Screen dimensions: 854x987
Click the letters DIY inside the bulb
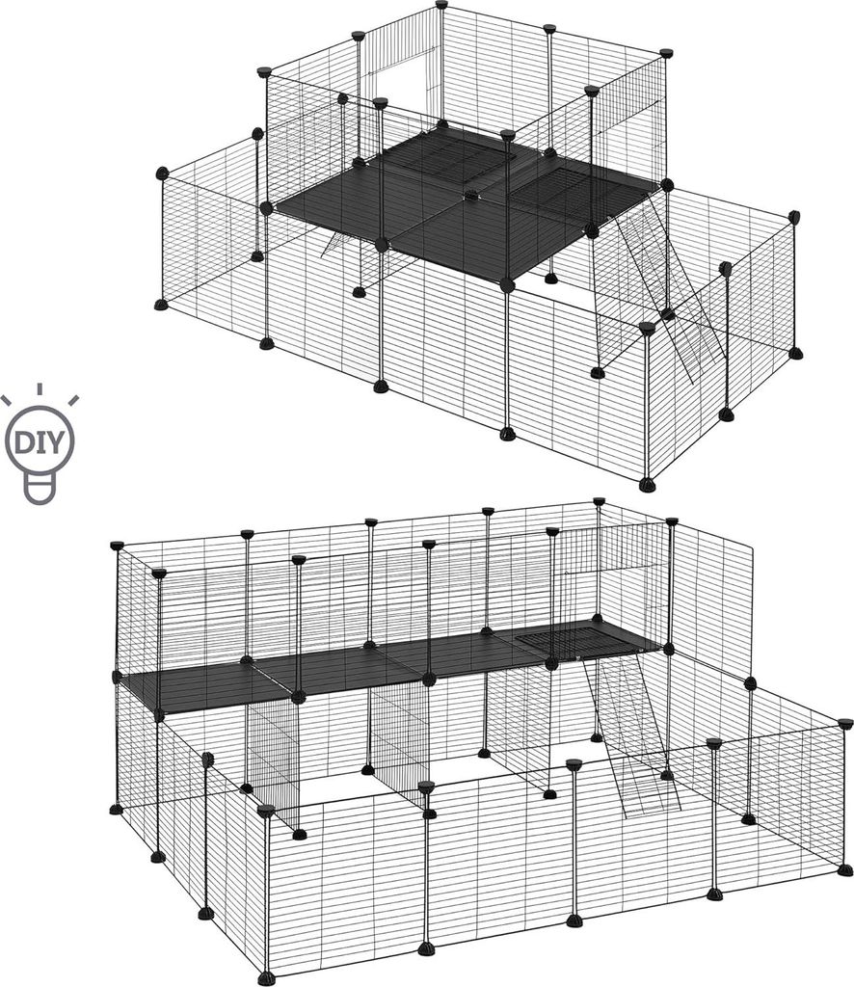pyautogui.click(x=39, y=441)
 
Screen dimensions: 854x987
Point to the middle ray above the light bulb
pyautogui.click(x=39, y=389)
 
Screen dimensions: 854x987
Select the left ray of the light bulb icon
pyautogui.click(x=7, y=401)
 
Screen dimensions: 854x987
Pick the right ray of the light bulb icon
pyautogui.click(x=73, y=400)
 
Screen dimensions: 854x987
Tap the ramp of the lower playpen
pyautogui.click(x=634, y=736)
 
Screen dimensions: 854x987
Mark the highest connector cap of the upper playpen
pyautogui.click(x=441, y=5)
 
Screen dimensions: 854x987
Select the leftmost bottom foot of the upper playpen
pyautogui.click(x=162, y=306)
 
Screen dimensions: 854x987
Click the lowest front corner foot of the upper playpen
pyautogui.click(x=647, y=485)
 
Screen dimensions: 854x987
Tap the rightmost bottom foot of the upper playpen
pyautogui.click(x=796, y=353)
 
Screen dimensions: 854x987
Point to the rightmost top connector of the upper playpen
pyautogui.click(x=794, y=217)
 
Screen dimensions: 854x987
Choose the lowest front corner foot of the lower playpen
pyautogui.click(x=266, y=978)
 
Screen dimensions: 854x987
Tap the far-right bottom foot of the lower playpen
pyautogui.click(x=845, y=869)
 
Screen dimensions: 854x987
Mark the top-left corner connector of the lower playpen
pyautogui.click(x=117, y=546)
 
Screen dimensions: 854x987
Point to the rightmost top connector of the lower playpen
pyautogui.click(x=846, y=722)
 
